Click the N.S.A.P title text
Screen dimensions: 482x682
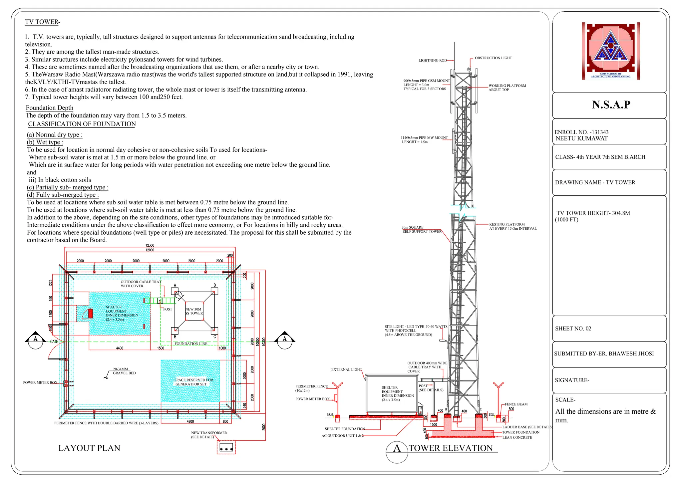[611, 105]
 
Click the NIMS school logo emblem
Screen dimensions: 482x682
[610, 51]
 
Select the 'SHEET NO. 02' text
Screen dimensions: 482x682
[573, 329]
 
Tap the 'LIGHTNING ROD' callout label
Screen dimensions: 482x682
[433, 61]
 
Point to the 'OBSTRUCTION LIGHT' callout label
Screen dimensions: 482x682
[493, 58]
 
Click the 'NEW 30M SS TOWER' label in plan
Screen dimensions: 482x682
[194, 311]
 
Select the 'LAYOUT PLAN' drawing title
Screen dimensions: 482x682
[89, 448]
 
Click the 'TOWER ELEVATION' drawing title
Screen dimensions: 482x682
[451, 448]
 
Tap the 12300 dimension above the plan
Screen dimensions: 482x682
[150, 245]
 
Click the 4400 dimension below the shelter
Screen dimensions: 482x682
[120, 348]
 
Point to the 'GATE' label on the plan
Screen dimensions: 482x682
[54, 342]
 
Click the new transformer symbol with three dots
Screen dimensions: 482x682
[226, 448]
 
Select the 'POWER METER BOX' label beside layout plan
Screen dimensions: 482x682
[40, 382]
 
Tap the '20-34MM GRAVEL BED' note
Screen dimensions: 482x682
[124, 371]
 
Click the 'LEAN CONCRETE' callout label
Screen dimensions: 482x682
[517, 437]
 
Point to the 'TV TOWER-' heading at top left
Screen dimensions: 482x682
[42, 22]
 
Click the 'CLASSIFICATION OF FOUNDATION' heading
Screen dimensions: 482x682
[82, 124]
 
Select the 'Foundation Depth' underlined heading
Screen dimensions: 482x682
[50, 108]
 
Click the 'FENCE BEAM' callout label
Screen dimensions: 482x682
[516, 404]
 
